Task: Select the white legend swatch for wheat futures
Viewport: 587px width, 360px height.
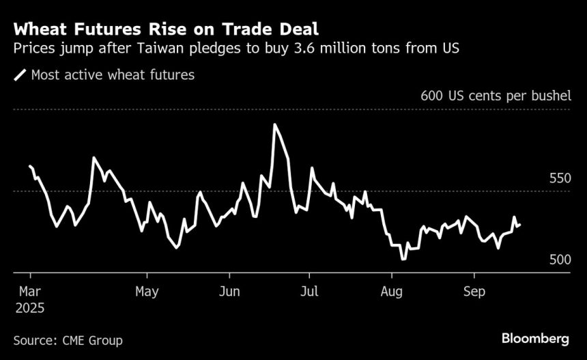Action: coord(20,75)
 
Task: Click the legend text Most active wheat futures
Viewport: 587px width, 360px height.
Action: coord(113,75)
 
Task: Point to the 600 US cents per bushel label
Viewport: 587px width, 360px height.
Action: coord(496,95)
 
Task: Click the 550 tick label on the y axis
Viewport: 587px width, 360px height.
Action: coord(560,178)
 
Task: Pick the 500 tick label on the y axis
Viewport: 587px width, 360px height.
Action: coord(560,260)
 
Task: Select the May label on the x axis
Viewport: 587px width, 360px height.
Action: coord(147,292)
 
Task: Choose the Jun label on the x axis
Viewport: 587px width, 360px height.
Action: coord(229,292)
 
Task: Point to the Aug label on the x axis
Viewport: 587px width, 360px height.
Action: coord(392,292)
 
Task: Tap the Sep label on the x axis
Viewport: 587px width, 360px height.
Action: coord(474,292)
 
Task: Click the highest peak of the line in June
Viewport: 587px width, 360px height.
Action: coord(274,125)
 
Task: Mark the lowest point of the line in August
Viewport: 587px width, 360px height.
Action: coord(403,259)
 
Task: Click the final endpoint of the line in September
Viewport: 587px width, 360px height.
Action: coord(519,225)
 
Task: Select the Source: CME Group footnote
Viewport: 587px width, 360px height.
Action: coord(68,340)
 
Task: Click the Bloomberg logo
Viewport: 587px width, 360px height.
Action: coord(535,339)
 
